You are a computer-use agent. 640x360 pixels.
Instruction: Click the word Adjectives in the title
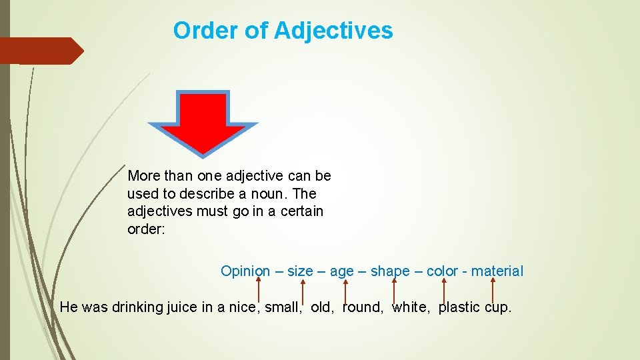pyautogui.click(x=333, y=31)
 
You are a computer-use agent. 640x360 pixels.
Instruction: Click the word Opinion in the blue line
pyautogui.click(x=245, y=271)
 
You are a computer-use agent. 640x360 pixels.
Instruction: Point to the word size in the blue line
pyautogui.click(x=299, y=271)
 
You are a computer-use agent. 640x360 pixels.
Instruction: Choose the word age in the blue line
pyautogui.click(x=342, y=271)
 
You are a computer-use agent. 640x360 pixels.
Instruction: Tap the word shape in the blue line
pyautogui.click(x=390, y=271)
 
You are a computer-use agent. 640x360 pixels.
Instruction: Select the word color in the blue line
pyautogui.click(x=442, y=271)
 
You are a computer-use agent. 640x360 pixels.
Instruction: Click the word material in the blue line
pyautogui.click(x=497, y=271)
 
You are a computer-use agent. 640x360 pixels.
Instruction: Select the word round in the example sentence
pyautogui.click(x=362, y=307)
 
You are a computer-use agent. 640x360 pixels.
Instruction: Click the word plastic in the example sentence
pyautogui.click(x=460, y=307)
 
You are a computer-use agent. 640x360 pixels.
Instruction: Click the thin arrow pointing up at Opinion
pyautogui.click(x=259, y=290)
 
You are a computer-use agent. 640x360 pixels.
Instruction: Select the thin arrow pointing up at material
pyautogui.click(x=493, y=290)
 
